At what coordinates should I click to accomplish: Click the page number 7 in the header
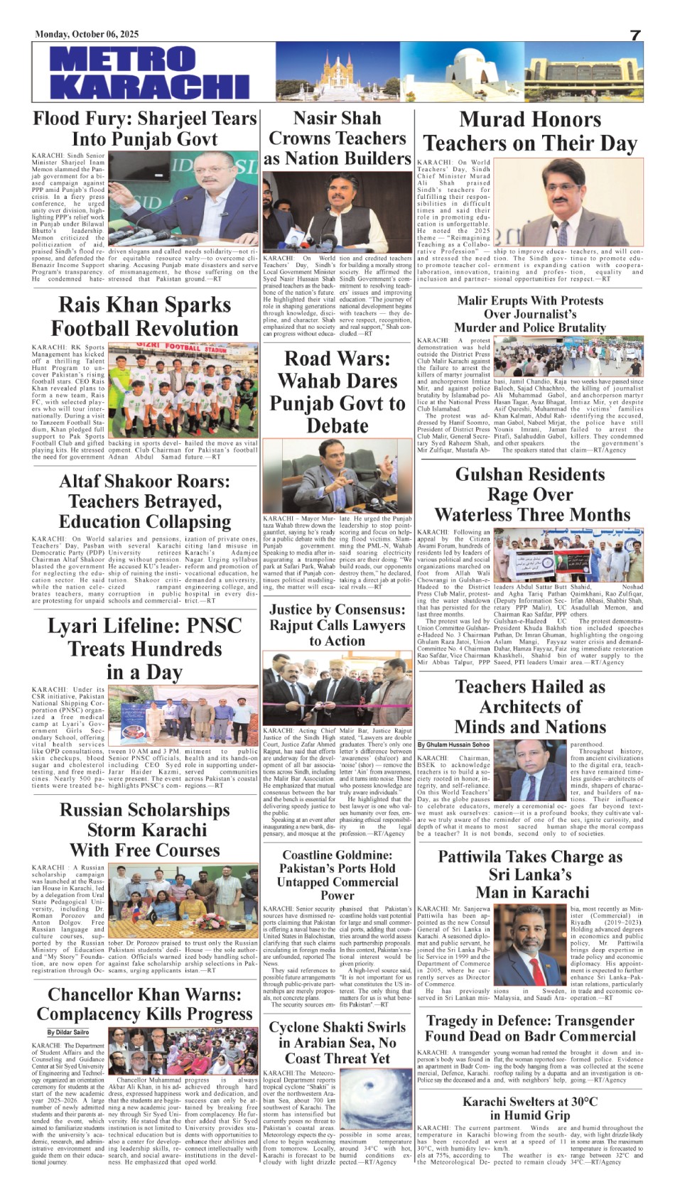(634, 35)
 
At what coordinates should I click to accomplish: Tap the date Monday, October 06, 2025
(87, 34)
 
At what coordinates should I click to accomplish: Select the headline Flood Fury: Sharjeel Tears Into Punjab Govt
(145, 129)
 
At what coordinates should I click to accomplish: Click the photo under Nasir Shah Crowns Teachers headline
(337, 212)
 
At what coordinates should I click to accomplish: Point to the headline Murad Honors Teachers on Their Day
(530, 131)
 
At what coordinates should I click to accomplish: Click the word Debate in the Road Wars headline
(337, 426)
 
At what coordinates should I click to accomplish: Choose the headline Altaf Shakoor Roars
(145, 501)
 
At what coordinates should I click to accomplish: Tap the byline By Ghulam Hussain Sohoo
(453, 744)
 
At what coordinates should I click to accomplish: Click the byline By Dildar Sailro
(68, 1032)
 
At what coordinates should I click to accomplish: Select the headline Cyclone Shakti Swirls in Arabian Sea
(337, 1042)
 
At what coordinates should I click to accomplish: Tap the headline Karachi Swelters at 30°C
(530, 1108)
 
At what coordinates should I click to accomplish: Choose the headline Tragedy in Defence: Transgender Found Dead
(530, 1028)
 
